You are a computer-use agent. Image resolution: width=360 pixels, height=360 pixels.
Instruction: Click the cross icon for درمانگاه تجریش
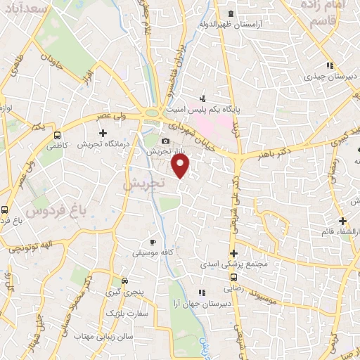tap(103, 133)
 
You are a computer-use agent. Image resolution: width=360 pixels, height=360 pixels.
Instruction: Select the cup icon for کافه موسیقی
tap(153, 243)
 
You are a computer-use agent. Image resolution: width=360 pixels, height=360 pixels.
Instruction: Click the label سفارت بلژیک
tap(127, 313)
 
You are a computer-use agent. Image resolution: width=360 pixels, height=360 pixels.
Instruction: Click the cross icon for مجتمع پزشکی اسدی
tap(233, 254)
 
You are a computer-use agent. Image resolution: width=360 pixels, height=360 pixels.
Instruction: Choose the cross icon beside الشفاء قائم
tap(342, 221)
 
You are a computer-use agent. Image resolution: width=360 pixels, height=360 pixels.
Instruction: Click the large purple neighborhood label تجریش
tap(143, 183)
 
